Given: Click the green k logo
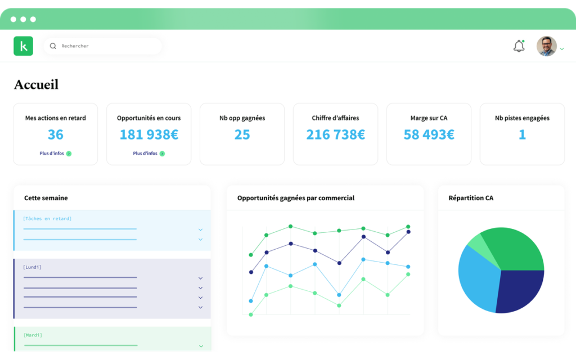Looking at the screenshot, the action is [x=23, y=46].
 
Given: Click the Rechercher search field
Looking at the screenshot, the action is [x=103, y=46].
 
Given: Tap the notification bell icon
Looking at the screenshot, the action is [x=519, y=46].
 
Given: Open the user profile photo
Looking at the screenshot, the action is [x=547, y=46].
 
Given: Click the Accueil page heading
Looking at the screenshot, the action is [x=37, y=84].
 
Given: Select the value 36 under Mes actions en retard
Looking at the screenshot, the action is [x=56, y=134].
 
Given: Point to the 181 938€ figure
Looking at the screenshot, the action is [x=148, y=134].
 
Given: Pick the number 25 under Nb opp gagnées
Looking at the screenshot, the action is [x=242, y=134].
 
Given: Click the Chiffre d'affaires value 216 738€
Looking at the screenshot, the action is [x=335, y=134].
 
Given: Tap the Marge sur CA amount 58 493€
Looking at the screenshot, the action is [x=429, y=134].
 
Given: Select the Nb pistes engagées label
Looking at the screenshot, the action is [x=522, y=118].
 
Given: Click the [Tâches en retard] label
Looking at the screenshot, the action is [x=47, y=219].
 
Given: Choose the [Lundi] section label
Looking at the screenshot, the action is [x=32, y=267].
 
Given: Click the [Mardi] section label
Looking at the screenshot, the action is [x=33, y=335].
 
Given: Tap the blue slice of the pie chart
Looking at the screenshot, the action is [x=478, y=279].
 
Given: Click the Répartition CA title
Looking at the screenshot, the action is [x=471, y=198].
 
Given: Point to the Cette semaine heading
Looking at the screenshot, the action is [x=46, y=198].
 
